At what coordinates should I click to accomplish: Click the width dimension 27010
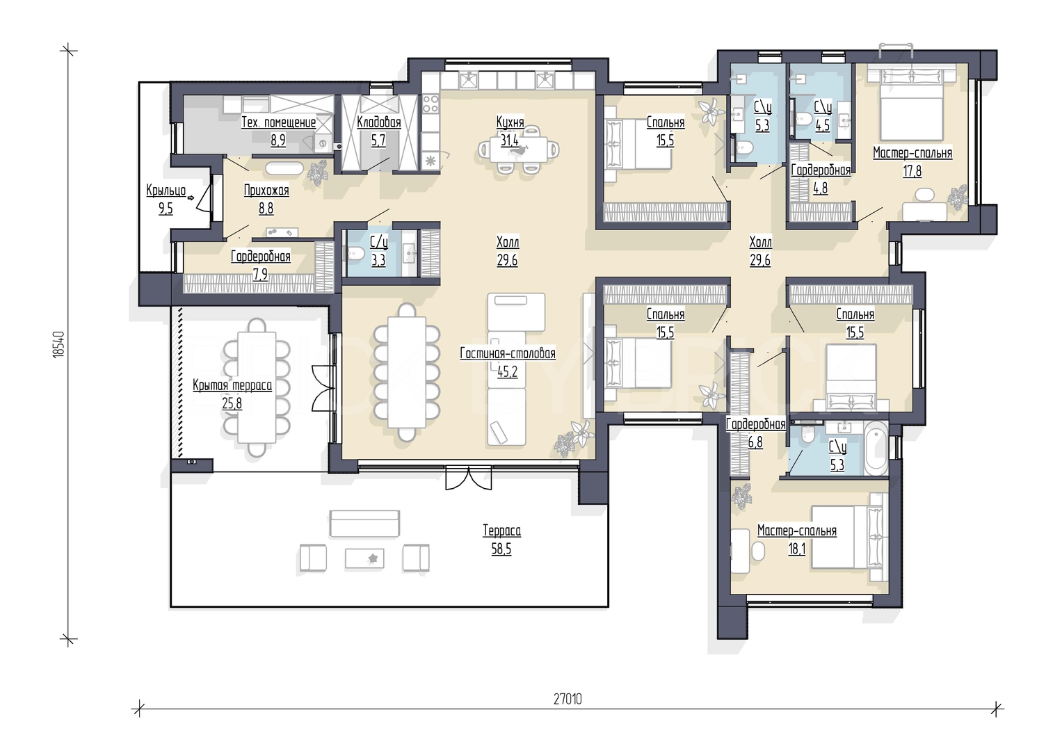(x=568, y=700)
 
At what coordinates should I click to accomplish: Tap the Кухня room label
(x=510, y=122)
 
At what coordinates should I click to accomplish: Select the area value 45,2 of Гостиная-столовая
(x=507, y=372)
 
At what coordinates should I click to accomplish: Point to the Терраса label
(x=501, y=531)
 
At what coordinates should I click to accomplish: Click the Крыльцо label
(x=166, y=190)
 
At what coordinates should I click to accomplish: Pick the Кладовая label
(x=379, y=122)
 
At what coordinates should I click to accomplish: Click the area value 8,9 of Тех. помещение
(x=278, y=140)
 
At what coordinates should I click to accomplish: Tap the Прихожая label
(x=266, y=190)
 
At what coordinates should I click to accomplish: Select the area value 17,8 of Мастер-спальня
(x=912, y=170)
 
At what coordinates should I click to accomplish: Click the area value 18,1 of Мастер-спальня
(x=797, y=549)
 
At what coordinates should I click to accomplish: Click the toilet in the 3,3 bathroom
(x=355, y=254)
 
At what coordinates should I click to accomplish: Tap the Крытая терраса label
(x=232, y=385)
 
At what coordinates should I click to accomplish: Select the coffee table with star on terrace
(x=364, y=558)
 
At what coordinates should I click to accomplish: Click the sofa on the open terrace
(x=364, y=523)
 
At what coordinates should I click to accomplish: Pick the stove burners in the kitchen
(x=431, y=103)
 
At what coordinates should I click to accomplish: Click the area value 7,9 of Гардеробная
(x=260, y=275)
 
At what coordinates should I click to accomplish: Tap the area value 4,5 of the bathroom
(x=822, y=124)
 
